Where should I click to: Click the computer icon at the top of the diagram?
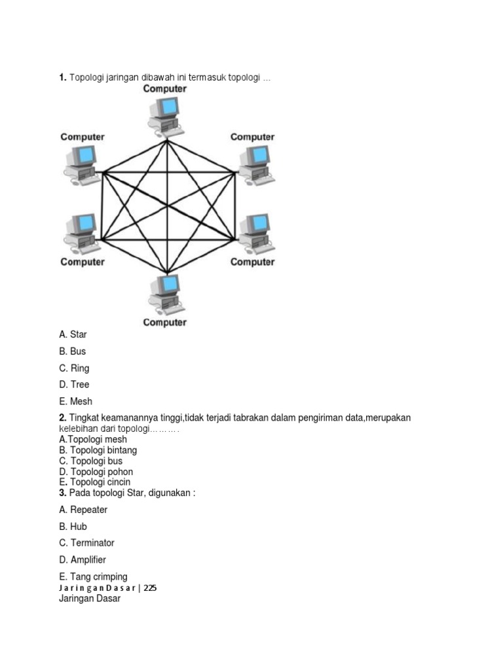[165, 115]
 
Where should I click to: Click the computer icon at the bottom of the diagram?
[165, 294]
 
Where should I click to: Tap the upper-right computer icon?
[254, 164]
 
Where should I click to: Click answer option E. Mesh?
[75, 402]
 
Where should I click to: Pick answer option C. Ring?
[74, 368]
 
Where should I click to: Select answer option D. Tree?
[74, 385]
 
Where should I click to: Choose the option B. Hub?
[73, 527]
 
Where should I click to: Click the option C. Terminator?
[86, 543]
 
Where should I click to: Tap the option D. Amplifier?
[83, 560]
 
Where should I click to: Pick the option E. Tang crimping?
[93, 577]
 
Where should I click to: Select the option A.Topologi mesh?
[93, 440]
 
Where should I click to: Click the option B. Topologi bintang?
[98, 450]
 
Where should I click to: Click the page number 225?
[150, 588]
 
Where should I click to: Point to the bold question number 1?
[62, 79]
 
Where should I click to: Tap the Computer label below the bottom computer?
[165, 323]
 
